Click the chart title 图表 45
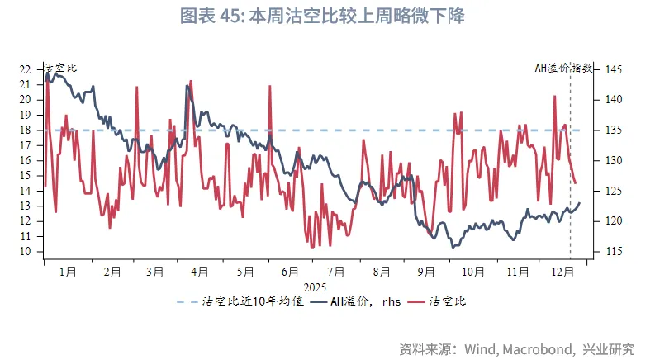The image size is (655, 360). coord(327,16)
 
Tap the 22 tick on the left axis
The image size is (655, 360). coord(24,69)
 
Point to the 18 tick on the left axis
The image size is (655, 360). coord(24,130)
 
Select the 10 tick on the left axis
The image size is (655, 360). coord(24,252)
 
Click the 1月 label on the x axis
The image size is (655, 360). coord(68,271)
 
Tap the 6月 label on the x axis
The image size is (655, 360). coord(290,271)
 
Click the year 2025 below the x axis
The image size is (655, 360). coord(315,287)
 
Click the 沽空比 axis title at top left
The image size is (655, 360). coord(59,69)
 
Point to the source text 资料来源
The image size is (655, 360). coord(517,348)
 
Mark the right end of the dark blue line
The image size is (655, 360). coord(580,202)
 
